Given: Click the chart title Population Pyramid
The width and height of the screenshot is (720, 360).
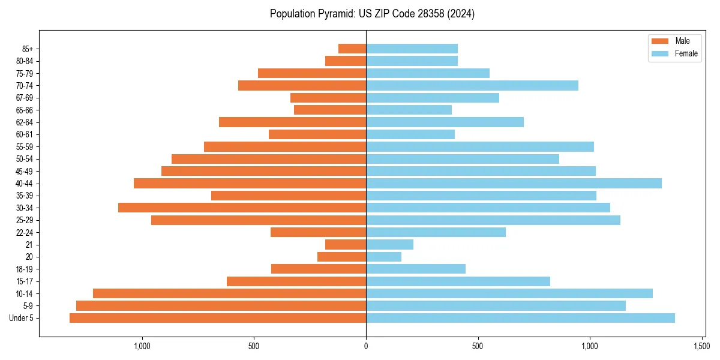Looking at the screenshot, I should point(372,14).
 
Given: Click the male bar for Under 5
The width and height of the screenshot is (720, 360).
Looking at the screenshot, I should point(218,318).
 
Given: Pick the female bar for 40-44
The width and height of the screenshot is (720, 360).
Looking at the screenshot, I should point(514,184).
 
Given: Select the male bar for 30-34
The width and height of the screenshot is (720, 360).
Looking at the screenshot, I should point(242,208).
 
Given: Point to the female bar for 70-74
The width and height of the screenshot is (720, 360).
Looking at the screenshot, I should point(472,86).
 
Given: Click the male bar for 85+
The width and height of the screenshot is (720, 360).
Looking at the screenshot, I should point(352,49).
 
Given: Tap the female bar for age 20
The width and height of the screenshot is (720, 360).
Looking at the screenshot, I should point(383,257).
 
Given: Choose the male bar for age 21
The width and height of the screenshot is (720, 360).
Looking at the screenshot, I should point(346,245).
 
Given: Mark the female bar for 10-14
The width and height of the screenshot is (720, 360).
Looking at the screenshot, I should point(509,293).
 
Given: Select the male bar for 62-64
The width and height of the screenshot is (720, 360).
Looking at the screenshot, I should point(292,122).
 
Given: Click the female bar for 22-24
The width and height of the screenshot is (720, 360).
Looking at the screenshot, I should point(436,232).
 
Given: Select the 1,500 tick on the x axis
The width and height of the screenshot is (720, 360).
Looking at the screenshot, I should point(702,346).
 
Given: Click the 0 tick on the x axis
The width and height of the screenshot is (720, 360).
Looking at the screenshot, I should point(366,346).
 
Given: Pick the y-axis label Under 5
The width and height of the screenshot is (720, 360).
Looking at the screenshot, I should point(22,318).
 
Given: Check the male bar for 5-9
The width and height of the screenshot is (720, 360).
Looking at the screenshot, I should point(221,306).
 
